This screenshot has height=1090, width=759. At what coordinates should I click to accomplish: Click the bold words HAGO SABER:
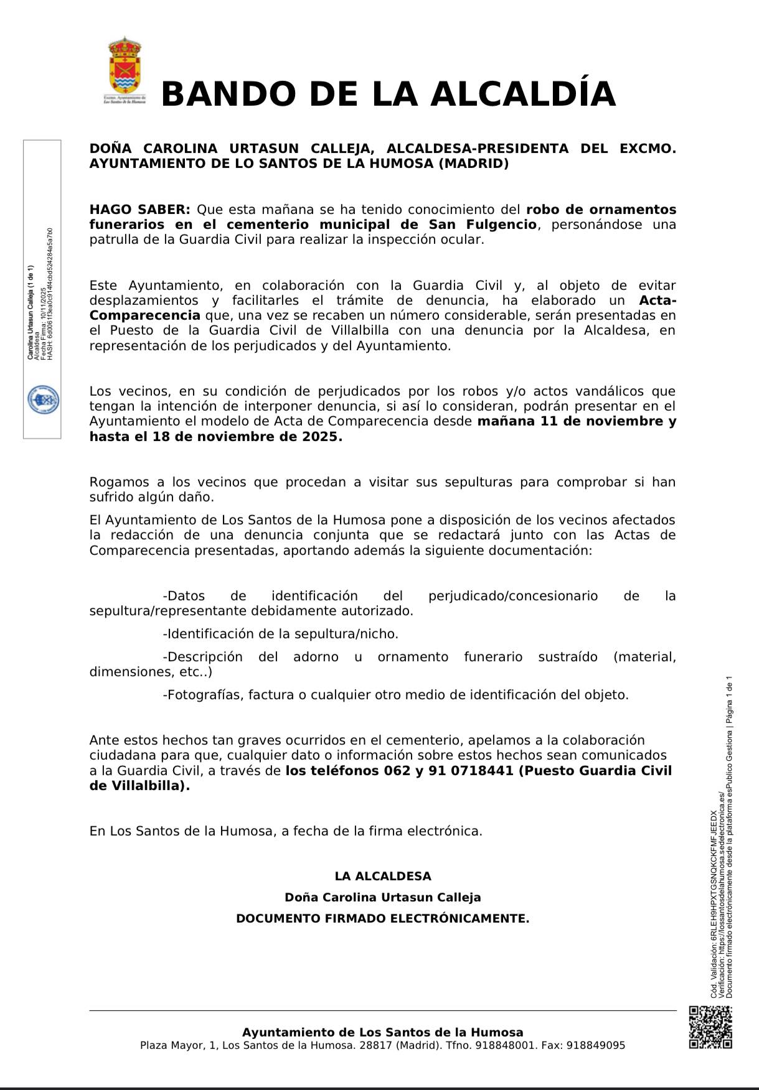point(139,210)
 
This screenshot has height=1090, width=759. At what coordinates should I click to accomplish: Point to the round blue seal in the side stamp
point(43,399)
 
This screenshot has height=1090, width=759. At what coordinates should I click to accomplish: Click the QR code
point(710,1027)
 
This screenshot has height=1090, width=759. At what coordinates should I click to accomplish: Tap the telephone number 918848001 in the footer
point(505,1045)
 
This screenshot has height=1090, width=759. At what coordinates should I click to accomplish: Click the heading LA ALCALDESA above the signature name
point(382,876)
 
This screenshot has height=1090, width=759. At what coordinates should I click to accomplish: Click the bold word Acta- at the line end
point(658,300)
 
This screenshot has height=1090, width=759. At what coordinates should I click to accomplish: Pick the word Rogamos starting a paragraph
point(118,482)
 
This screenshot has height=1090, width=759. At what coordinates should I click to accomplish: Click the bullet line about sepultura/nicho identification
point(280,634)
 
